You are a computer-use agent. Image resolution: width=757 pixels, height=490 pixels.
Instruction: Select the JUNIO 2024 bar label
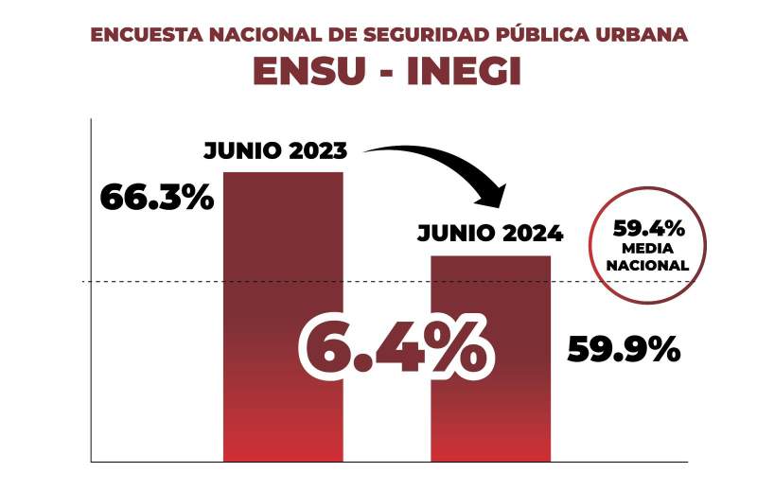pyautogui.click(x=490, y=233)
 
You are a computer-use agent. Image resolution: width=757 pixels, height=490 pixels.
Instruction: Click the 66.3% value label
pyautogui.click(x=156, y=200)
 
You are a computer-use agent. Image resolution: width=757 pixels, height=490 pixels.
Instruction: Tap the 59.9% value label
pyautogui.click(x=624, y=350)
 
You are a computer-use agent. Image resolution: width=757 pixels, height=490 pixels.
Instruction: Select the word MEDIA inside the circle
pyautogui.click(x=649, y=248)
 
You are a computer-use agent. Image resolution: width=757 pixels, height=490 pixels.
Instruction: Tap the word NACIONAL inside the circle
pyautogui.click(x=649, y=265)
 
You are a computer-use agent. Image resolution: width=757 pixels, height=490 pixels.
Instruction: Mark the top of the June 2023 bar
pyautogui.click(x=283, y=173)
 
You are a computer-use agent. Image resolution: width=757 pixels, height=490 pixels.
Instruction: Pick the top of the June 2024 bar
pyautogui.click(x=490, y=257)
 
